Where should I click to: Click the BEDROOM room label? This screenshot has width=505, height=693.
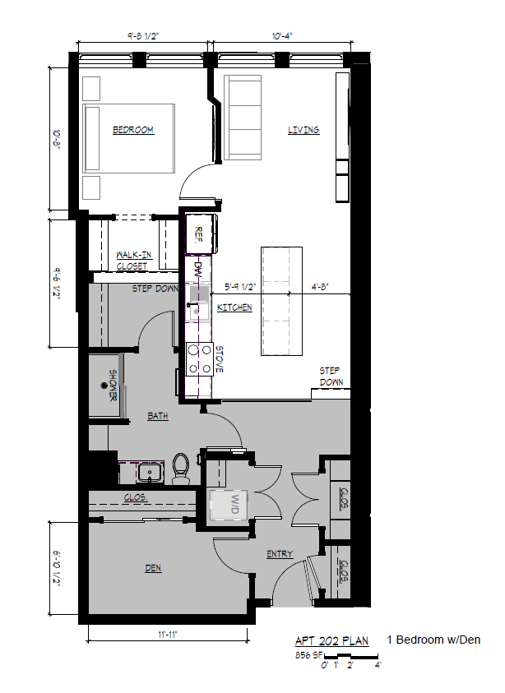click(133, 130)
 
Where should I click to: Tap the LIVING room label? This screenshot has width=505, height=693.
click(303, 130)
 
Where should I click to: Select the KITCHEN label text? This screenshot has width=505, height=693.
click(234, 307)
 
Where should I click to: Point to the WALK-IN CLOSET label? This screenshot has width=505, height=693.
click(132, 261)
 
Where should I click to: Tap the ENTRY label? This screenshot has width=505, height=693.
click(280, 554)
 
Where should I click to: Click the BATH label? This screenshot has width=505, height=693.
click(158, 416)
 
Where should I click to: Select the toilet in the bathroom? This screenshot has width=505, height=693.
click(182, 466)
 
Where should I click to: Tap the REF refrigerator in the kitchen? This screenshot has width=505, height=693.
click(200, 234)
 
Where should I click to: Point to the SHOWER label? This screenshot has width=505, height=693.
click(113, 385)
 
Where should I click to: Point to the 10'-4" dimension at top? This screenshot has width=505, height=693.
click(281, 35)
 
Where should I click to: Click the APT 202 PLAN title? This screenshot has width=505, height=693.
click(332, 640)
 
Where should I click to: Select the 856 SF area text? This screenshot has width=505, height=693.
click(308, 656)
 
